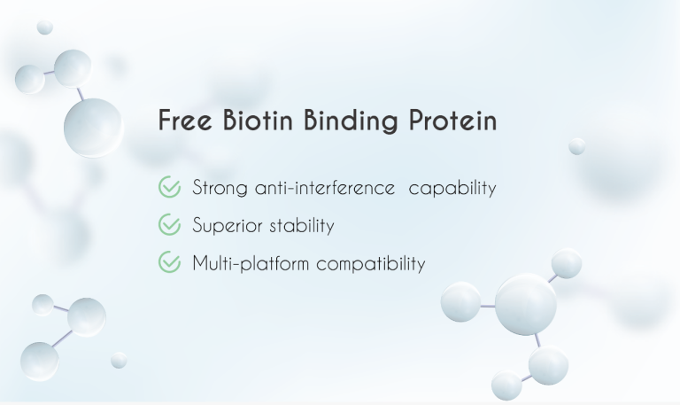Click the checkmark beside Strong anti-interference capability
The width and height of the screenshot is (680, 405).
click(x=169, y=188)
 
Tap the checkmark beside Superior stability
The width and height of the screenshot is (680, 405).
click(x=169, y=226)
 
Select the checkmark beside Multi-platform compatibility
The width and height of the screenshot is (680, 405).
click(x=169, y=263)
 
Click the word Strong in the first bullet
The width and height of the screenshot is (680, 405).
click(x=220, y=189)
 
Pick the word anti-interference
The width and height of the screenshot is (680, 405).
click(x=324, y=188)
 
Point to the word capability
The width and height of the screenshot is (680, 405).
click(x=452, y=189)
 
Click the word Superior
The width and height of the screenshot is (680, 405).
click(x=226, y=227)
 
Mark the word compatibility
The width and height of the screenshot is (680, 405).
click(x=371, y=264)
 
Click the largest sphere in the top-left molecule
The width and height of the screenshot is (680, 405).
click(x=93, y=126)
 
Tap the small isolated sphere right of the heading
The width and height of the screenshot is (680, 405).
click(x=577, y=146)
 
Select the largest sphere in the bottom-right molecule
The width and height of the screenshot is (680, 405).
click(x=525, y=304)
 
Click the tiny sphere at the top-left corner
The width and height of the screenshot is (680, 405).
click(x=44, y=27)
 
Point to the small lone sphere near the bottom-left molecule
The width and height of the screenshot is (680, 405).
click(x=119, y=360)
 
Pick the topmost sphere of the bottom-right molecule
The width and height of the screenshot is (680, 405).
click(x=567, y=263)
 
